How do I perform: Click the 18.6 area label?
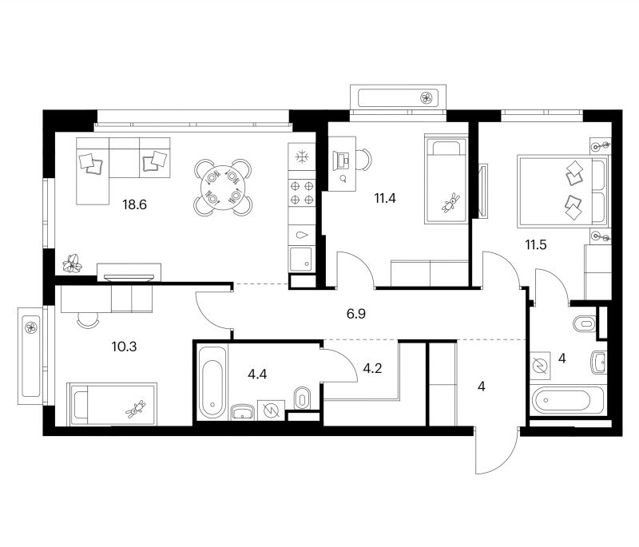point(134,204)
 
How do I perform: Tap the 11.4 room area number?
point(385,199)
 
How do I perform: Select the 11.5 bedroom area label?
point(535,245)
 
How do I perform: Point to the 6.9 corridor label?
point(355,314)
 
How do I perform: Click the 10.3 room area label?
point(124,347)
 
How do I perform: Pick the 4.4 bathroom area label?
point(257,374)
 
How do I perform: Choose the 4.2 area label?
point(372,369)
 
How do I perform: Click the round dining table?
point(223,188)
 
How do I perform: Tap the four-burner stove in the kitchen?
point(302,193)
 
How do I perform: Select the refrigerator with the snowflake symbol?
point(302,157)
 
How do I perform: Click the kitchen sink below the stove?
point(302,259)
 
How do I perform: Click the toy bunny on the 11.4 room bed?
point(450,202)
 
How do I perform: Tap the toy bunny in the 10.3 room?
point(136,409)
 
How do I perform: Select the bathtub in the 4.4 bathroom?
point(212,382)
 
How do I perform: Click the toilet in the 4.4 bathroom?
point(302,397)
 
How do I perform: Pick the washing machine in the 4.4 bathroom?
point(271,410)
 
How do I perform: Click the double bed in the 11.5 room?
point(562,191)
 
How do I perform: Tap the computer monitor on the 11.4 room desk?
point(341,160)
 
